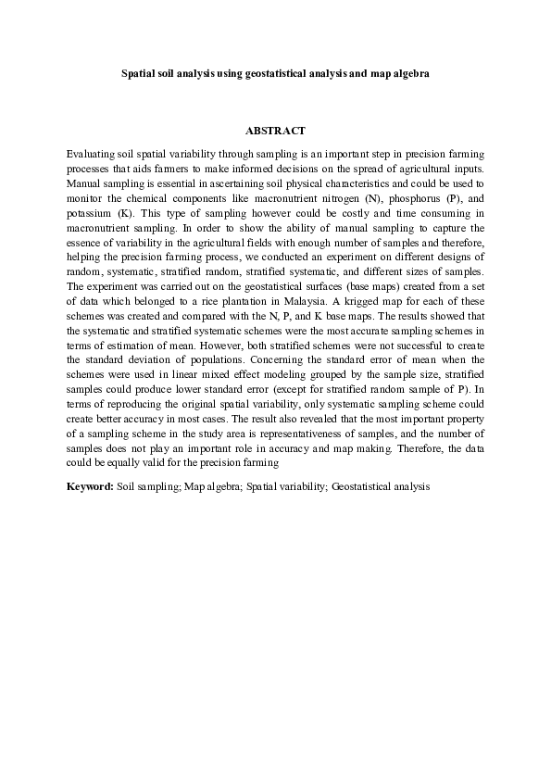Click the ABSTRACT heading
click(275, 131)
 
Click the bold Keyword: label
click(91, 484)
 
